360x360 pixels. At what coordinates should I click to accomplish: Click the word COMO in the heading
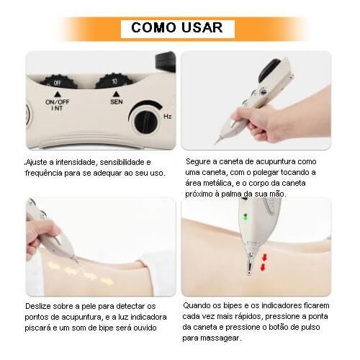(x=154, y=27)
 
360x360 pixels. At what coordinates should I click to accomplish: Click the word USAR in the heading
(x=202, y=27)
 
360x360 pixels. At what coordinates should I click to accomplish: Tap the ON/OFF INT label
(x=57, y=105)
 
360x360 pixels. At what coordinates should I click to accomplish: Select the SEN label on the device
(x=117, y=102)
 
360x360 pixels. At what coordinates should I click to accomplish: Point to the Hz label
(x=168, y=117)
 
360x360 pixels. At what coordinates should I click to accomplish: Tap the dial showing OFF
(x=58, y=82)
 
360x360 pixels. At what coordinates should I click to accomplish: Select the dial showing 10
(x=114, y=81)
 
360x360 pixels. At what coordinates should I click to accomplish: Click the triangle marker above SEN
(x=116, y=94)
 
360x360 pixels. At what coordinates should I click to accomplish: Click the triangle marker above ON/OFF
(x=57, y=94)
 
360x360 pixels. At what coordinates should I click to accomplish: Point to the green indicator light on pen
(x=245, y=217)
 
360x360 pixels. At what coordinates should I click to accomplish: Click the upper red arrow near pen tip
(x=264, y=258)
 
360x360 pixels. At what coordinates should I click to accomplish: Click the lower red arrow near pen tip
(x=263, y=267)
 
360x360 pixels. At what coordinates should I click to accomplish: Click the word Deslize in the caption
(x=38, y=306)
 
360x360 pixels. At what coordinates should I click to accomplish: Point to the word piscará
(x=37, y=328)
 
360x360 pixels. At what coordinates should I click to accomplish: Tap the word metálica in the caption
(x=218, y=184)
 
